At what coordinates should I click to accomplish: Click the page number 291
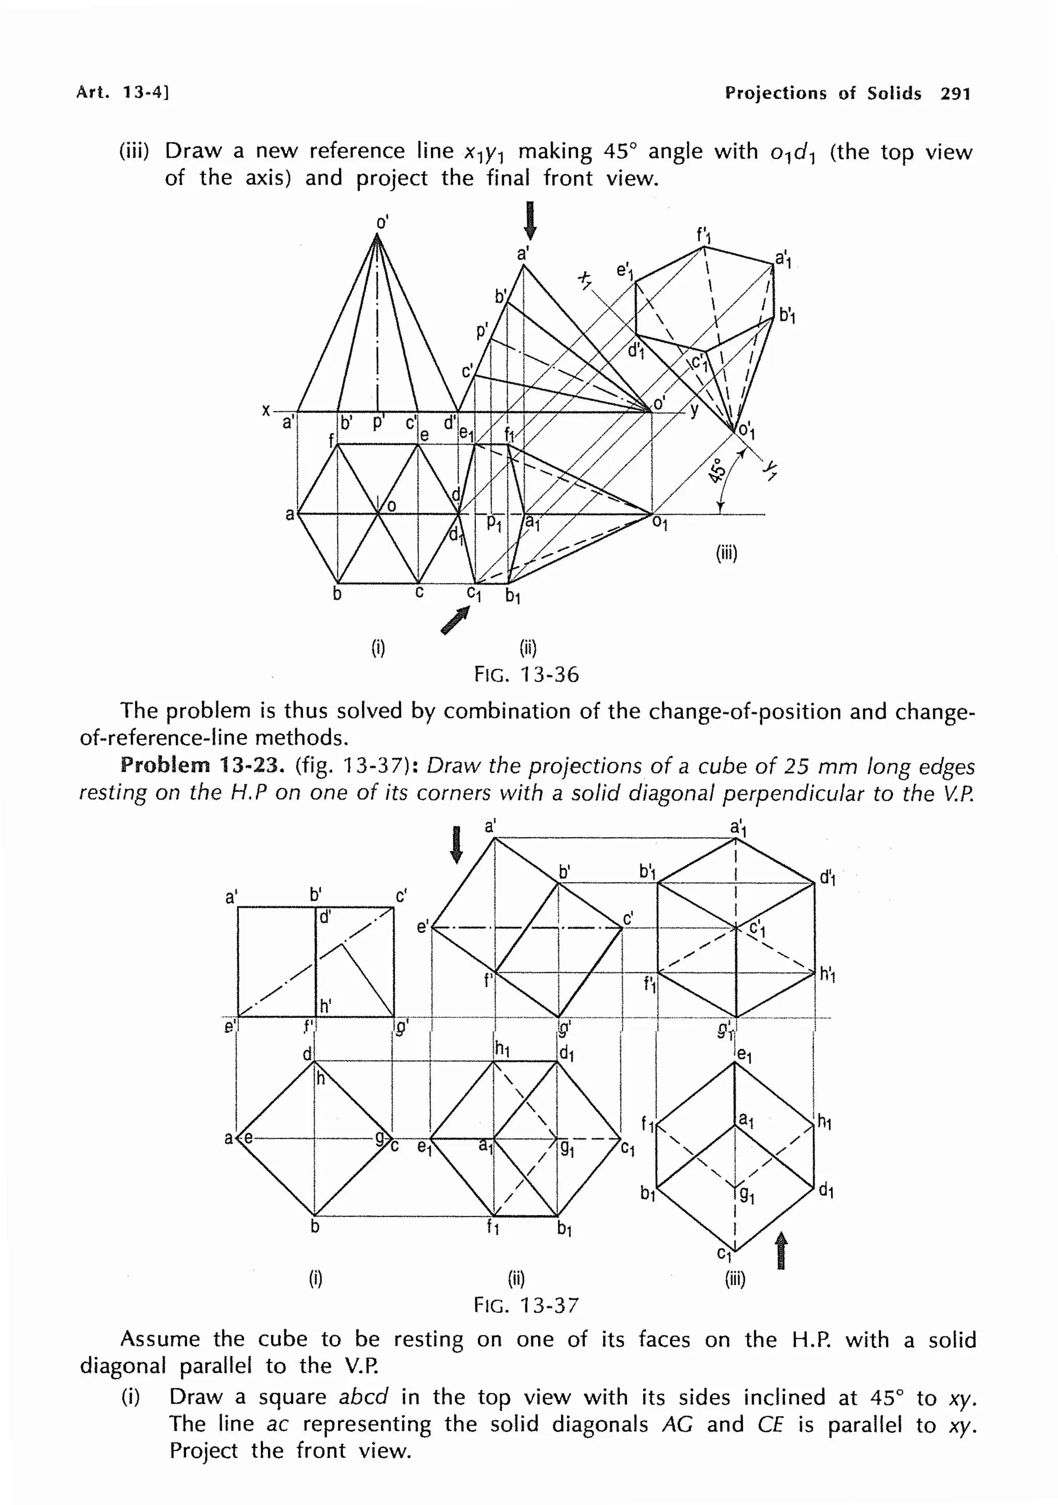click(x=955, y=93)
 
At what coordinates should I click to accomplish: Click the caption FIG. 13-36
click(x=526, y=675)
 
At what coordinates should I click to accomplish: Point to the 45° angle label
click(x=717, y=470)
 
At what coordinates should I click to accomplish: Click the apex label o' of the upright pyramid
click(x=382, y=222)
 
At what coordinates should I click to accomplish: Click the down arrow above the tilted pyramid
click(x=531, y=221)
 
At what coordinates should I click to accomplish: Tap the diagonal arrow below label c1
click(x=456, y=619)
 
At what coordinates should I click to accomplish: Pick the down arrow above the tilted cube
click(x=457, y=845)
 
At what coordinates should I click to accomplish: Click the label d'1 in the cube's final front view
click(x=827, y=877)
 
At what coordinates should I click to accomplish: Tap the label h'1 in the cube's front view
click(x=827, y=975)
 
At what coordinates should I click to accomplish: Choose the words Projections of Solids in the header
click(x=822, y=93)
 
